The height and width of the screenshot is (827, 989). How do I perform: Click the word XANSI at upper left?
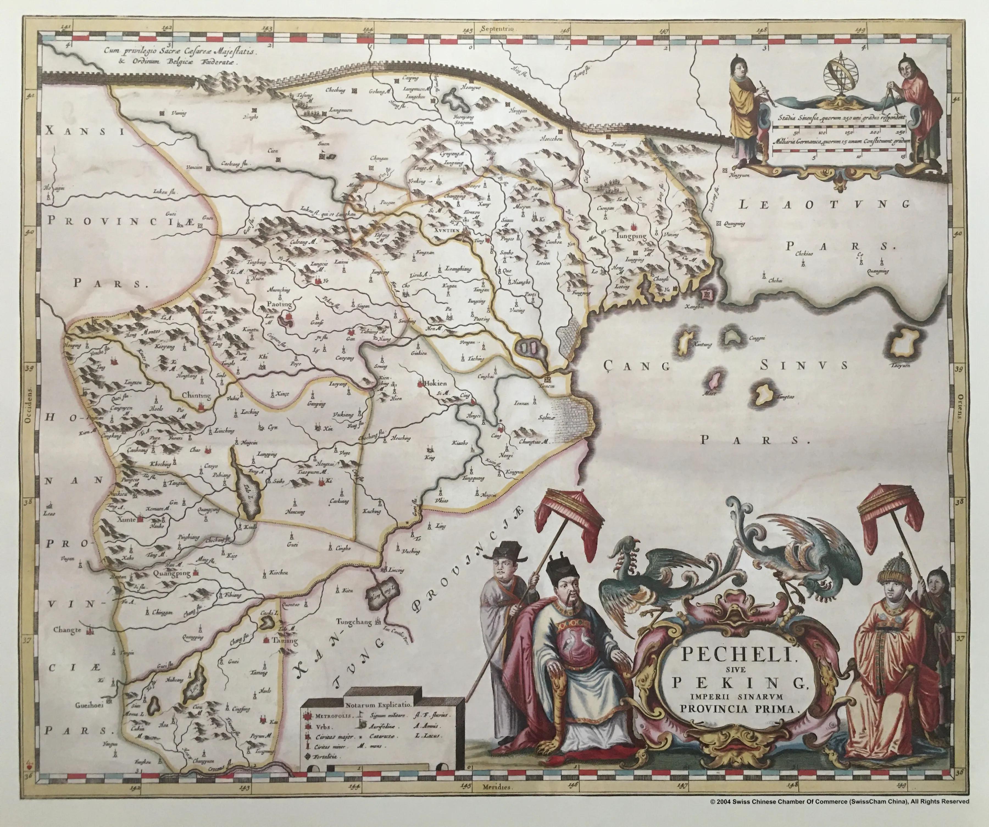pos(85,132)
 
